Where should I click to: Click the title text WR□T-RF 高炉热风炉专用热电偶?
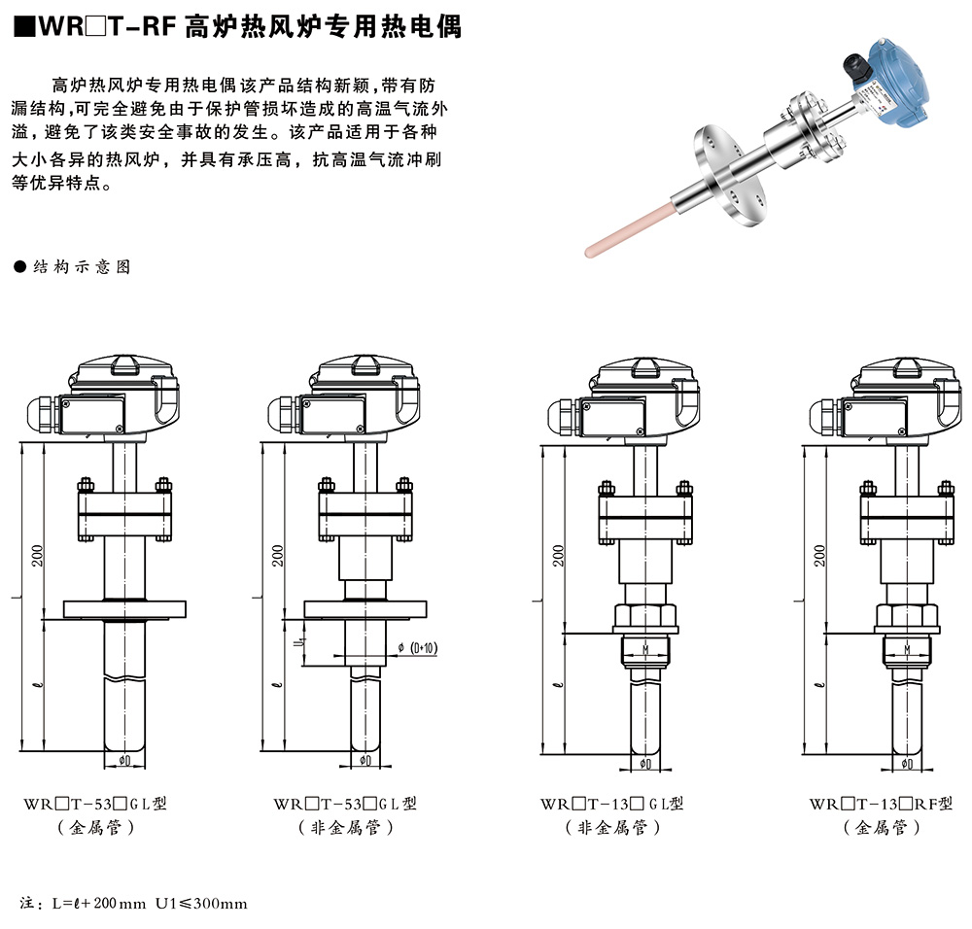(237, 27)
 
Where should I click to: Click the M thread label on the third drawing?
(646, 648)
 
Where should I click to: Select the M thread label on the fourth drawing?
(906, 648)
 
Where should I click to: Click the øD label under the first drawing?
(124, 760)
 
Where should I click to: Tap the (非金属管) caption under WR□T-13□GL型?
(612, 828)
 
